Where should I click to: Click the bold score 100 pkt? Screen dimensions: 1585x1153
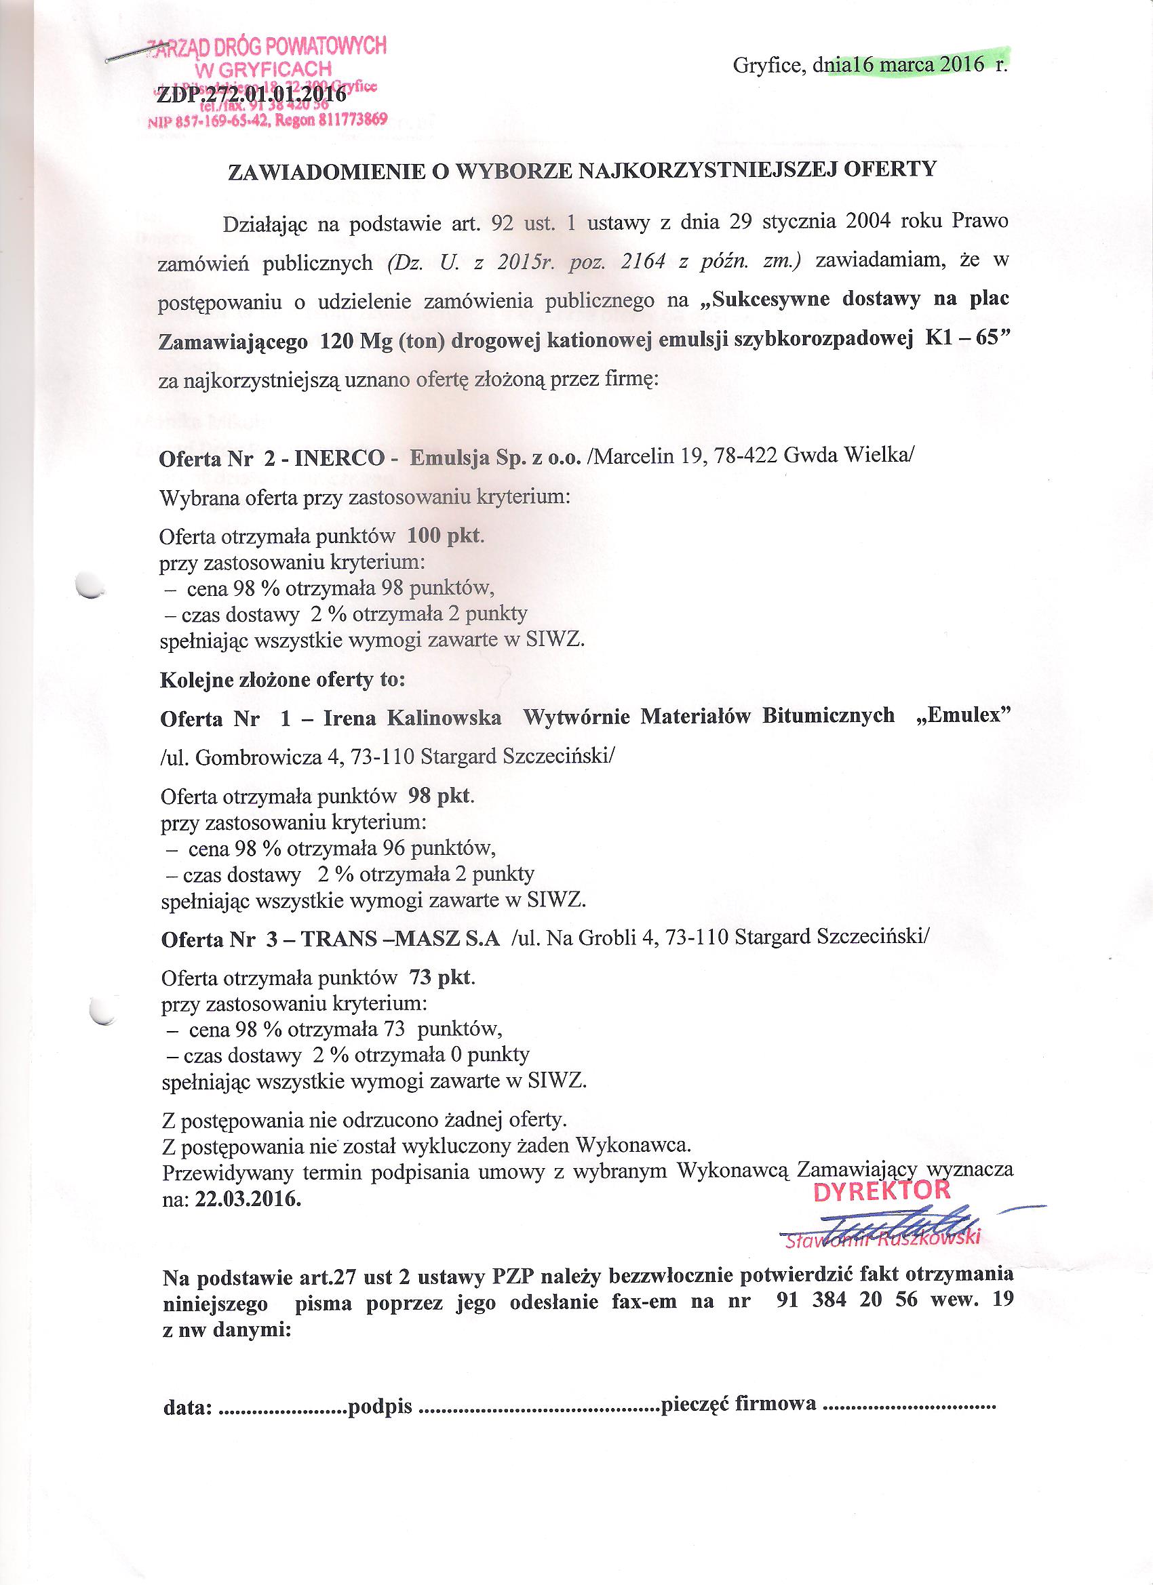pyautogui.click(x=444, y=536)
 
